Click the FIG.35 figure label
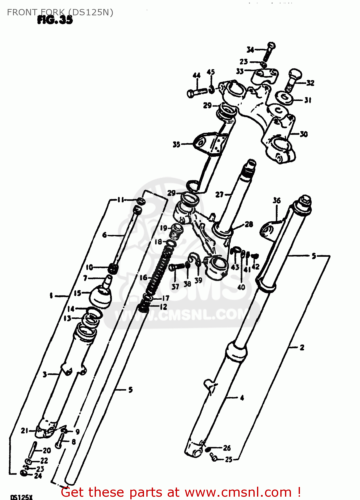[55, 20]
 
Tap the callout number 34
[250, 50]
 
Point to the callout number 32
[310, 83]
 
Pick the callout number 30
[304, 134]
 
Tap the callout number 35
[176, 144]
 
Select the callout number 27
[219, 194]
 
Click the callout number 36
[277, 200]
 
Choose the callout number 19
[164, 228]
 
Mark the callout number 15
[77, 293]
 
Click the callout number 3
[45, 374]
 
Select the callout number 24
[38, 476]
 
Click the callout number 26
[227, 448]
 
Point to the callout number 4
[242, 397]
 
